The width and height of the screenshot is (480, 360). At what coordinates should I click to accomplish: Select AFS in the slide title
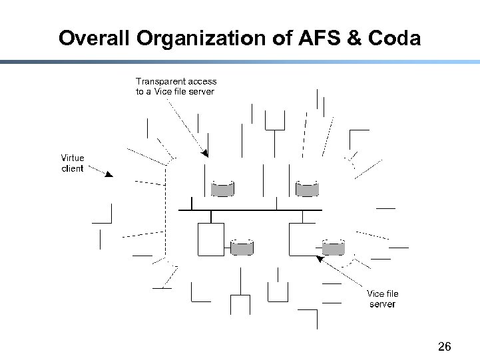tap(317, 38)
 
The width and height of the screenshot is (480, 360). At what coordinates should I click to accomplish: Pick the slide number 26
tap(445, 346)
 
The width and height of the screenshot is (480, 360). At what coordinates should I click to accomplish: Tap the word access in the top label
tap(202, 81)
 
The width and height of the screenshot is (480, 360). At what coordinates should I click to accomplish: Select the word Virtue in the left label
tap(73, 158)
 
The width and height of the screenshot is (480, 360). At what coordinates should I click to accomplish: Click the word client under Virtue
tap(73, 168)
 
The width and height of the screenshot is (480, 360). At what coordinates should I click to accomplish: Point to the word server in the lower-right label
tap(382, 304)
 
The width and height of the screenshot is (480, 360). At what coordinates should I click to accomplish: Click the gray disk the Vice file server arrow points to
tap(333, 248)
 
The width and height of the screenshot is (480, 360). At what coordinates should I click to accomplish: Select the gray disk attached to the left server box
tap(242, 248)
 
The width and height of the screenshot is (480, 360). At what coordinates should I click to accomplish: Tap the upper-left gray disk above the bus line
tap(223, 189)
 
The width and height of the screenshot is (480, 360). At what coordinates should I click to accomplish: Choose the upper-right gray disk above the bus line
tap(307, 189)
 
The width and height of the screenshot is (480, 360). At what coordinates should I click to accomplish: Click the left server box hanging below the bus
tap(210, 240)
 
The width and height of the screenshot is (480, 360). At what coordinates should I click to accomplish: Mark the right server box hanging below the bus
tap(302, 240)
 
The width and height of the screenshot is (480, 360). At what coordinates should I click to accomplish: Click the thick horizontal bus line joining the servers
tap(250, 210)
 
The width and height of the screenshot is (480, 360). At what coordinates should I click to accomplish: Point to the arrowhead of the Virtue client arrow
tap(110, 175)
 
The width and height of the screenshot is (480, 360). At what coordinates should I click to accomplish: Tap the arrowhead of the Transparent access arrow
tap(206, 154)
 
